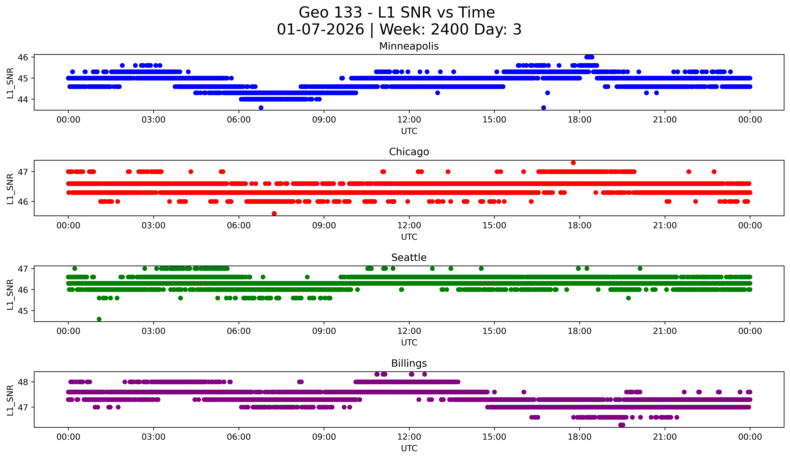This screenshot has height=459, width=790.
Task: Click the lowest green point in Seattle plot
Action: [99, 319]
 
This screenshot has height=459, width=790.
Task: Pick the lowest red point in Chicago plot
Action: [274, 213]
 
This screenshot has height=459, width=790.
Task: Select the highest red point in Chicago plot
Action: [573, 163]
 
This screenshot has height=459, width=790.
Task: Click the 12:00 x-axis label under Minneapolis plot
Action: [409, 120]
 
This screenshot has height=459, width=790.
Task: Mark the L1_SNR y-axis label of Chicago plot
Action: [10, 189]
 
